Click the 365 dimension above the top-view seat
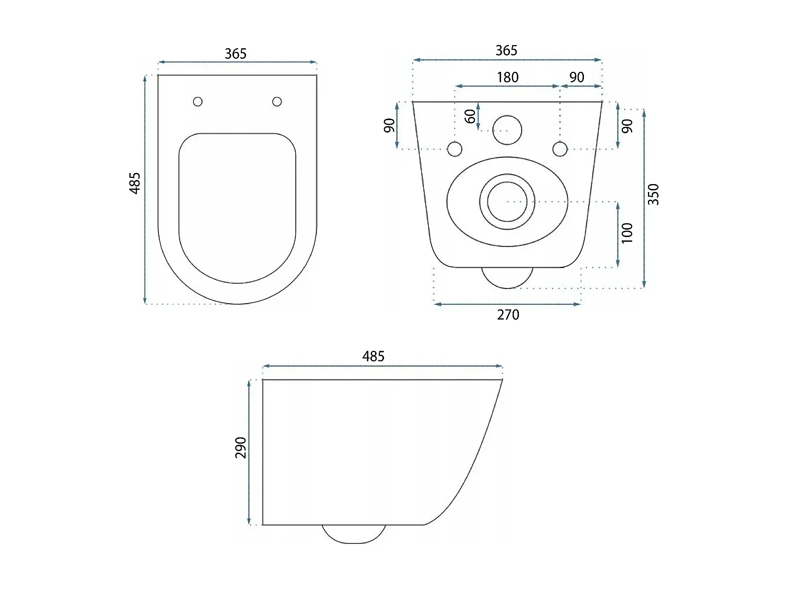pyautogui.click(x=236, y=53)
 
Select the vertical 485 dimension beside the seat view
pyautogui.click(x=135, y=183)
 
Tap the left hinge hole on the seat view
pyautogui.click(x=198, y=101)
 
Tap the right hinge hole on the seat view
pyautogui.click(x=277, y=101)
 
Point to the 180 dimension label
pyautogui.click(x=507, y=78)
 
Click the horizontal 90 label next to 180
pyautogui.click(x=577, y=78)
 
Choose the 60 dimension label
pyautogui.click(x=471, y=116)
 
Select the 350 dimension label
pyautogui.click(x=653, y=195)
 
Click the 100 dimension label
pyautogui.click(x=627, y=233)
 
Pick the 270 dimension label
pyautogui.click(x=508, y=315)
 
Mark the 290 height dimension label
pyautogui.click(x=241, y=447)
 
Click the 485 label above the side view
pyautogui.click(x=373, y=357)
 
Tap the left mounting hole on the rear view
pyautogui.click(x=455, y=149)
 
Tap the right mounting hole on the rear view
pyautogui.click(x=560, y=149)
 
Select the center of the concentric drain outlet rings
pyautogui.click(x=507, y=201)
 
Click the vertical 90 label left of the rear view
pyautogui.click(x=389, y=126)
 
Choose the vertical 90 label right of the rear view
pyautogui.click(x=627, y=126)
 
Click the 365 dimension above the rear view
pyautogui.click(x=506, y=50)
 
